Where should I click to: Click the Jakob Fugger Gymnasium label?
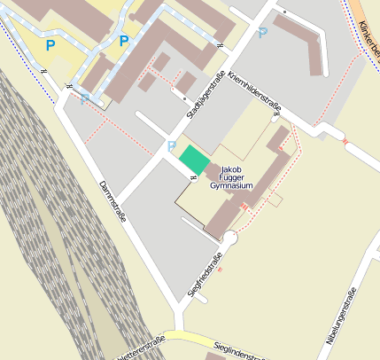(232, 176)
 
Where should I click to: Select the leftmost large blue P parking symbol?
(50, 44)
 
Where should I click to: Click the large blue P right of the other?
(123, 41)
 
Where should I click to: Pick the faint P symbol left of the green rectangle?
(171, 145)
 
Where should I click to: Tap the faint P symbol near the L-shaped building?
(262, 33)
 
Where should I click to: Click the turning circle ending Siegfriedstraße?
(230, 238)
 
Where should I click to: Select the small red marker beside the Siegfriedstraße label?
(219, 269)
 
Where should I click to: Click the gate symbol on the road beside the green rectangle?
(193, 176)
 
